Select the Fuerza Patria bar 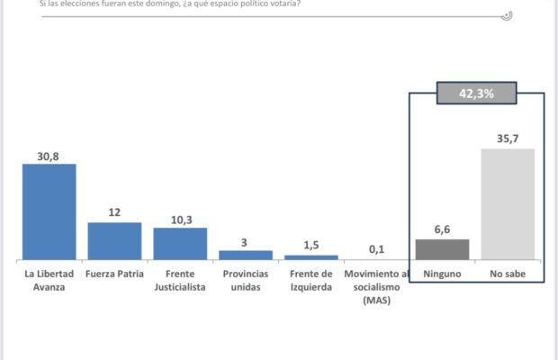tap(114, 240)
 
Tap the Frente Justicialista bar tap(180, 243)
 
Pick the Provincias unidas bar tap(246, 255)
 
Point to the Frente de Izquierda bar tap(311, 257)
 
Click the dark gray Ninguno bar tap(442, 249)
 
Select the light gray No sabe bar tap(508, 204)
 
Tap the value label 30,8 tap(49, 156)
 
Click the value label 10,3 tap(180, 219)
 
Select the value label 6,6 tap(442, 230)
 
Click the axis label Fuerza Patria tap(114, 274)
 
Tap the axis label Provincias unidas tap(246, 279)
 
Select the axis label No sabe tap(508, 274)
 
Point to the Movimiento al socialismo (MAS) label tap(377, 286)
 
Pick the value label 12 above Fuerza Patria tap(114, 212)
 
